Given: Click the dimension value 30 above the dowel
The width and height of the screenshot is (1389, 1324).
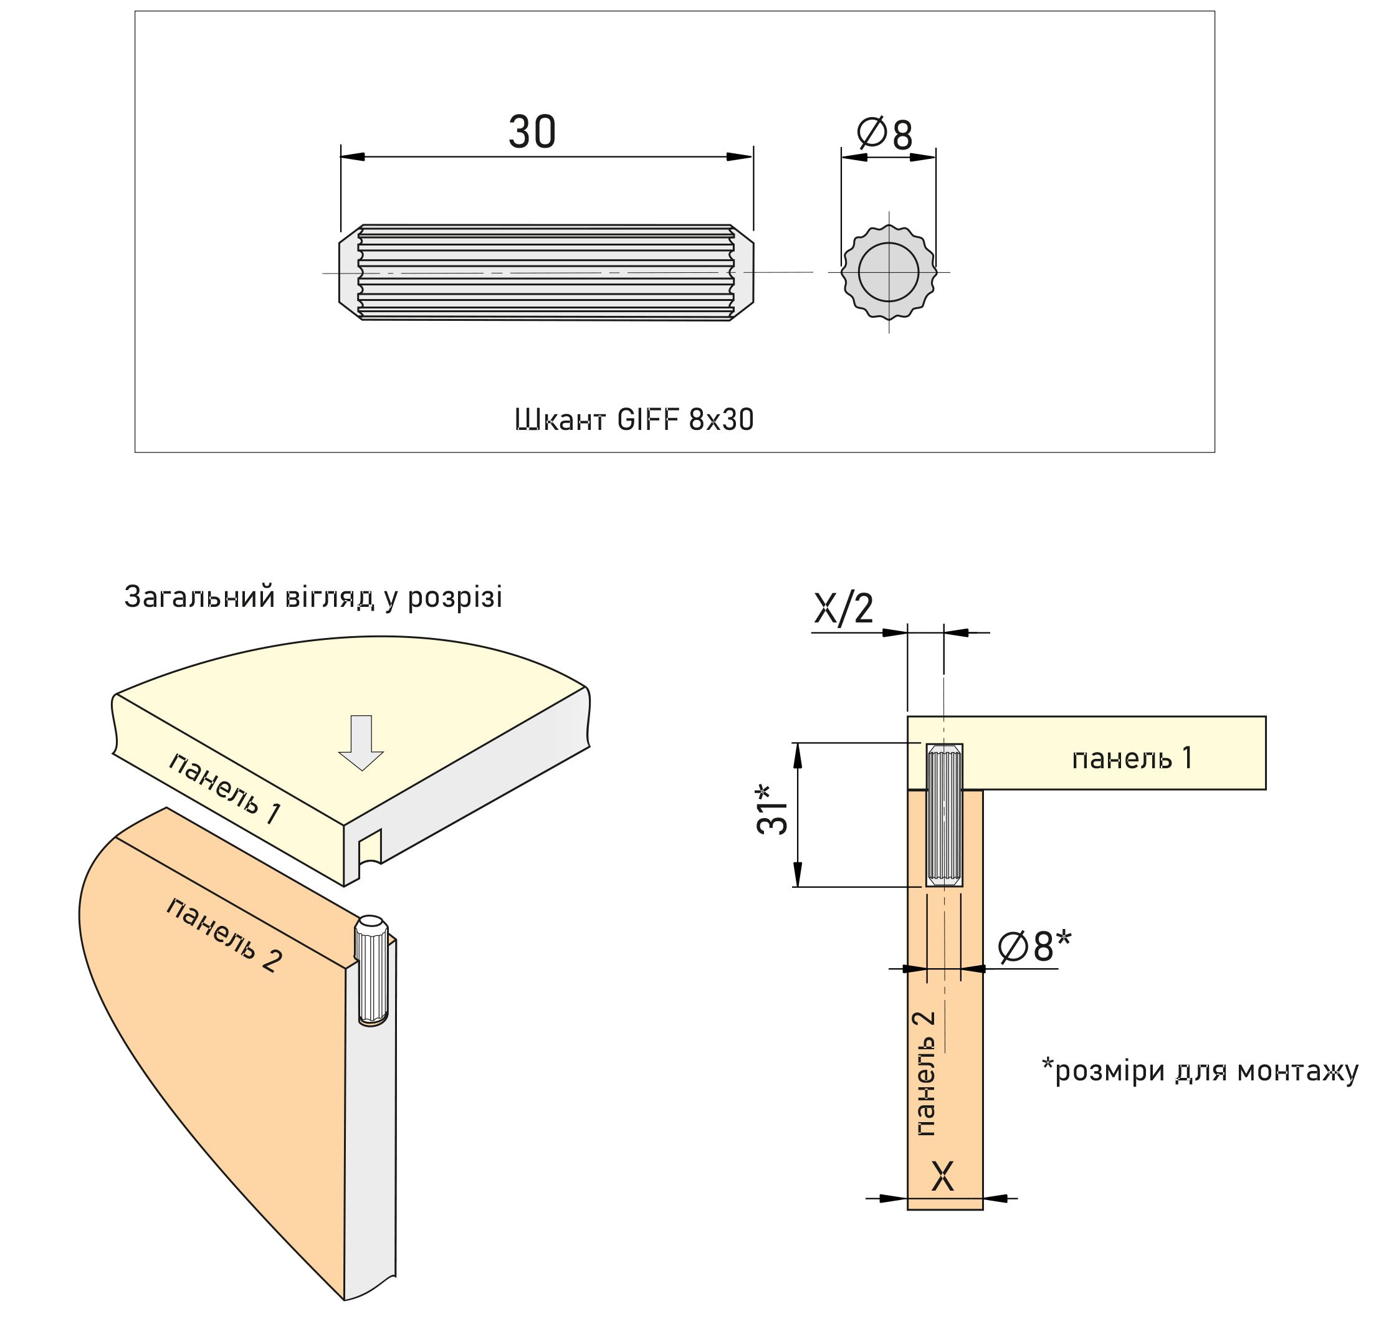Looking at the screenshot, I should point(532,132).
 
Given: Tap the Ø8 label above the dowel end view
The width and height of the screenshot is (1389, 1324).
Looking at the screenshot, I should point(884,134).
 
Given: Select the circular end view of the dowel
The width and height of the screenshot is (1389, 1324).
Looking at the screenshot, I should point(888,272).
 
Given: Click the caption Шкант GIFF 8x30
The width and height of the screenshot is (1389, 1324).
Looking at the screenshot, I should point(633,420).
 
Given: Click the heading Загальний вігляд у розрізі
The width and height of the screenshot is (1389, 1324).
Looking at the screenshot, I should point(313,597).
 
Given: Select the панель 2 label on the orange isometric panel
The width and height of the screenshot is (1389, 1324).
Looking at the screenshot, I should point(224,935).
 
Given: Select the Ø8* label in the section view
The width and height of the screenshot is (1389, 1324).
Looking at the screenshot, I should point(1034,946).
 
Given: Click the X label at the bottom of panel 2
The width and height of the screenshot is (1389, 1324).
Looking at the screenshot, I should point(942,1176).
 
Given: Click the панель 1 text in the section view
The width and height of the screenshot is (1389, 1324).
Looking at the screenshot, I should point(1132,759).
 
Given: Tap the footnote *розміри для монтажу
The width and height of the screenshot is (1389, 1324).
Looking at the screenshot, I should point(1199,1070).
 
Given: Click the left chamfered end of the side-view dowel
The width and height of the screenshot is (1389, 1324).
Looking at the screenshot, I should point(350,272).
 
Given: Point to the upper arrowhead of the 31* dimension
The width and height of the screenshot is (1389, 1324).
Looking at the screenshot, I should point(798,755).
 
